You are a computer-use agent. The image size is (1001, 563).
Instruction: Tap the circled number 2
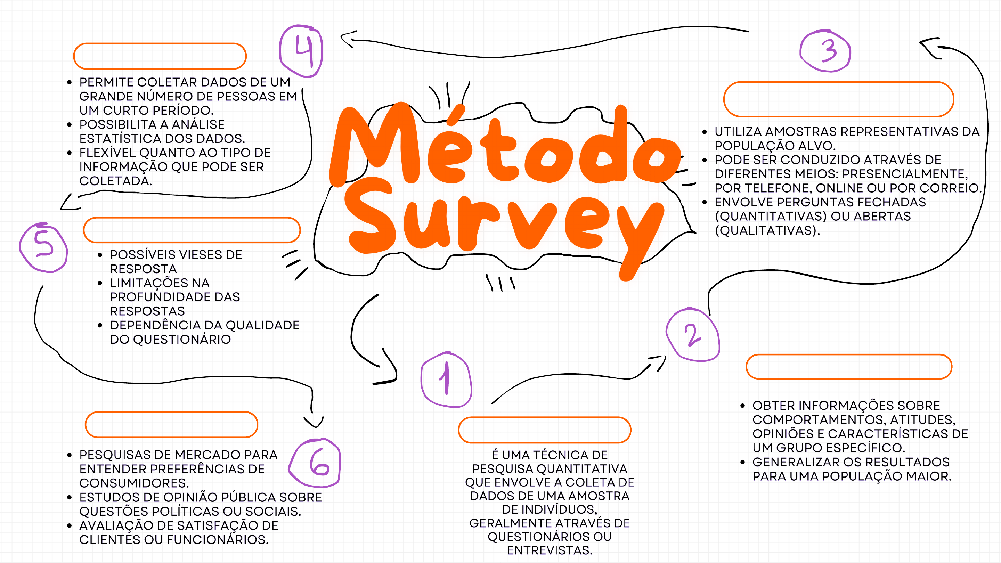(x=693, y=335)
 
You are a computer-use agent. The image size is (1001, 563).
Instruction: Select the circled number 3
(x=826, y=51)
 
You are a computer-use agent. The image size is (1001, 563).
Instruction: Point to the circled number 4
(x=302, y=51)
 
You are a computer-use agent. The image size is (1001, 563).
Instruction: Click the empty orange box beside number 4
(x=160, y=56)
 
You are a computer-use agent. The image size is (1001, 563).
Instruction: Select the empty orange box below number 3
(x=838, y=99)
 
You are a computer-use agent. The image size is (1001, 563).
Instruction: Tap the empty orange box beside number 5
(x=192, y=230)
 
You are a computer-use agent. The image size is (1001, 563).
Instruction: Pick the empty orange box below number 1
(x=544, y=430)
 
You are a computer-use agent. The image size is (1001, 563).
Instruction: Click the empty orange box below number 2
(x=849, y=366)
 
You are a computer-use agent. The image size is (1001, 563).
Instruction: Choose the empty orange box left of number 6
(x=171, y=424)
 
